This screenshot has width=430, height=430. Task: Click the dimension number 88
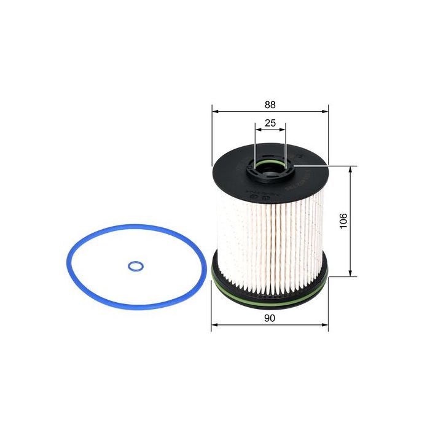pyautogui.click(x=270, y=104)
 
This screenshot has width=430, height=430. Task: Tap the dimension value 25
pyautogui.click(x=270, y=123)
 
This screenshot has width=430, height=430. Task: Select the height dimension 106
pyautogui.click(x=343, y=221)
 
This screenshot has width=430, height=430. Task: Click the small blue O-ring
pyautogui.click(x=136, y=266)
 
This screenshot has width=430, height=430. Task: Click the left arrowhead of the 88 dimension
pyautogui.click(x=214, y=112)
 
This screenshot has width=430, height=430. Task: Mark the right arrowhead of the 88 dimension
pyautogui.click(x=326, y=112)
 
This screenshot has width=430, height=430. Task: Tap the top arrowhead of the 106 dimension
pyautogui.click(x=350, y=168)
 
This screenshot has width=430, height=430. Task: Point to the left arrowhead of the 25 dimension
pyautogui.click(x=256, y=130)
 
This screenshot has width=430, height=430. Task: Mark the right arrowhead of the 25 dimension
pyautogui.click(x=283, y=130)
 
